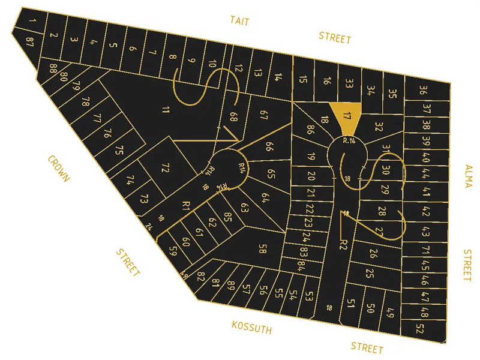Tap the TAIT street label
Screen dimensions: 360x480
(239, 22)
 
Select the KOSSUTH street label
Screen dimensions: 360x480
(252, 328)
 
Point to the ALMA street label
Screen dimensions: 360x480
(468, 176)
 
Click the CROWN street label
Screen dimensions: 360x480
(58, 169)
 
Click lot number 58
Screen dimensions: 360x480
(262, 248)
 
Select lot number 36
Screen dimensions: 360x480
(423, 91)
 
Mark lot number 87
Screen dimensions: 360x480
(29, 41)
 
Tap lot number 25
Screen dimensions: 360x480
(370, 274)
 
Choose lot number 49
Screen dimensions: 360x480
(390, 312)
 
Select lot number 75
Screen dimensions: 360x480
(119, 150)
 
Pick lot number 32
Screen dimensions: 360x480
(379, 127)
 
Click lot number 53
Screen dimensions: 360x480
(309, 296)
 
